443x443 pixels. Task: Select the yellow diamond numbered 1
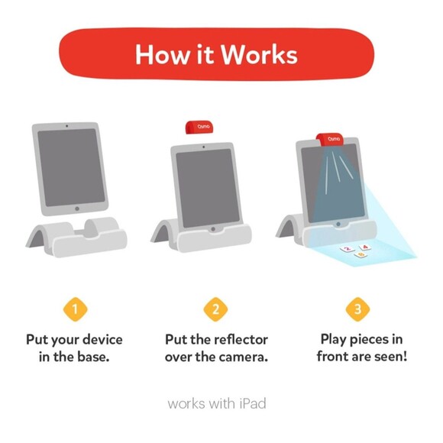tap(74, 310)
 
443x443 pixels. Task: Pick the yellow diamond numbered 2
tap(216, 310)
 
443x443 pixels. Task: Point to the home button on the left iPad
tap(76, 208)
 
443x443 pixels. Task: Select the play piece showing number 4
tap(365, 247)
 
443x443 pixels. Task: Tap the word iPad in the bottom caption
tap(250, 403)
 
